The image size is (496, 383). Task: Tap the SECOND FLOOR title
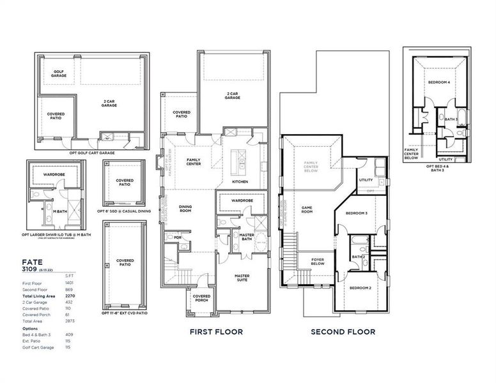click(x=343, y=332)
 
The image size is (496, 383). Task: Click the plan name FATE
click(x=33, y=262)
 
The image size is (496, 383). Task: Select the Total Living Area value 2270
click(x=70, y=296)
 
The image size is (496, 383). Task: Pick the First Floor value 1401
click(x=70, y=282)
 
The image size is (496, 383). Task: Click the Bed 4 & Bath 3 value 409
click(x=69, y=334)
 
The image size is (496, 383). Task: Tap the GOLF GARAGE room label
click(x=59, y=74)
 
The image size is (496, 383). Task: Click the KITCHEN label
click(x=240, y=182)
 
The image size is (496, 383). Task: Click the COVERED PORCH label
click(x=202, y=298)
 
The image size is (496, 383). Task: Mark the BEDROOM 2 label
click(x=360, y=288)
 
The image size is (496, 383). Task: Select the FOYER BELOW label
click(x=318, y=262)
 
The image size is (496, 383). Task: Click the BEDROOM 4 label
click(x=439, y=82)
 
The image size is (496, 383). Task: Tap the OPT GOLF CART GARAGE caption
click(x=91, y=153)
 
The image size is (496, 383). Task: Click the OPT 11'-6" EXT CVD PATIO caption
click(x=124, y=314)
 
